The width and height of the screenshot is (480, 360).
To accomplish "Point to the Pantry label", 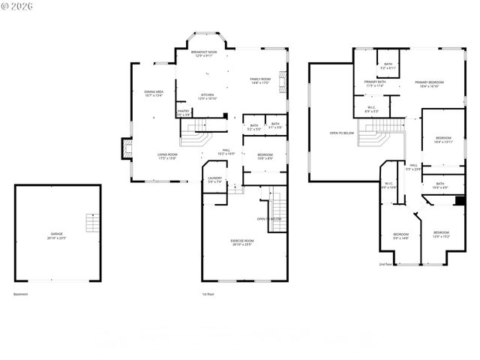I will [x=184, y=112].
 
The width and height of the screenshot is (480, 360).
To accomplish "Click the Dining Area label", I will [x=154, y=94].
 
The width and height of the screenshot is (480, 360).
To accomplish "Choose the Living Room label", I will [x=166, y=156].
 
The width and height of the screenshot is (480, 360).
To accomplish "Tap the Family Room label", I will [x=260, y=80].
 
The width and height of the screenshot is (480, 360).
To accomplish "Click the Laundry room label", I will [x=214, y=180].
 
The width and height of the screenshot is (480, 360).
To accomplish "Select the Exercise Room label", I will [x=242, y=242].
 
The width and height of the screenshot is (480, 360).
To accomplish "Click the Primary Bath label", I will [x=375, y=83].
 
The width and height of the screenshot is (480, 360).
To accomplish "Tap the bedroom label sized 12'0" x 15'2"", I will [x=440, y=234].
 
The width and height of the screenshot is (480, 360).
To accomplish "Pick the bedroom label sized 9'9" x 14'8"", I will [x=400, y=236].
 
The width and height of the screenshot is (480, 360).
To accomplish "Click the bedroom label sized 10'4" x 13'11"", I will [x=444, y=139].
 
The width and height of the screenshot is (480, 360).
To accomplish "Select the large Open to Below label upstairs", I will [x=342, y=133].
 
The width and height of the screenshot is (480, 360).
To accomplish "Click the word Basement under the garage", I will [x=20, y=294].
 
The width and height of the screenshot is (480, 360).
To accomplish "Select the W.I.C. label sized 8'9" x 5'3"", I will [x=371, y=109].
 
